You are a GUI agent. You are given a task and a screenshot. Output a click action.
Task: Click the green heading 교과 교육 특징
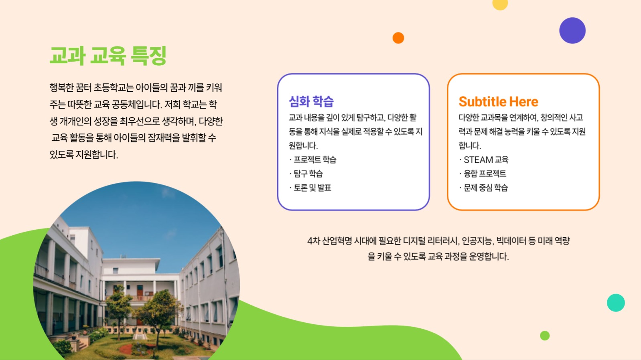[108, 55]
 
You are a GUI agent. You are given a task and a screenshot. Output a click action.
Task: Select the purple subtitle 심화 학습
[311, 101]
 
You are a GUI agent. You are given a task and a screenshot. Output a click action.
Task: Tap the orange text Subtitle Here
[498, 102]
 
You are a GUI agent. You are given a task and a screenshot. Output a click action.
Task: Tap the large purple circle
[572, 30]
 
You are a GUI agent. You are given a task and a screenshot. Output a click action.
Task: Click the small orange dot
[398, 38]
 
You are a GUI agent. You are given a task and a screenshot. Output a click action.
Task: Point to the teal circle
[616, 303]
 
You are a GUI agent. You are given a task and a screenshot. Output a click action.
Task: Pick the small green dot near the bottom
[545, 336]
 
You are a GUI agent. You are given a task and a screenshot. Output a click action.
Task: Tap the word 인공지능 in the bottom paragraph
[477, 241]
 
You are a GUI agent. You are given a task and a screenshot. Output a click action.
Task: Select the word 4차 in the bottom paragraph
[313, 241]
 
